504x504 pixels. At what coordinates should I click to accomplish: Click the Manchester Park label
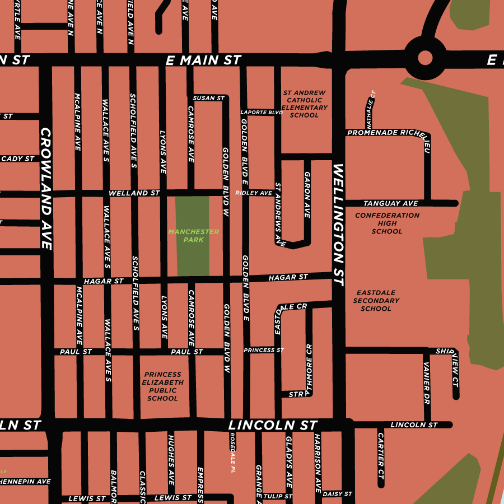pyautogui.click(x=193, y=236)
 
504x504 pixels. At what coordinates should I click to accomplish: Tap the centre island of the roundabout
pyautogui.click(x=425, y=58)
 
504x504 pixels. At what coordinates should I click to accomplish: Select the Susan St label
pyautogui.click(x=208, y=98)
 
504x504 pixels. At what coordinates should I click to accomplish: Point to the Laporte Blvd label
pyautogui.click(x=262, y=112)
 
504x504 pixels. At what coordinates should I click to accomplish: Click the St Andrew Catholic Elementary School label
pyautogui.click(x=304, y=104)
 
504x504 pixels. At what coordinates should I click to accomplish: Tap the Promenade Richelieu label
pyautogui.click(x=388, y=133)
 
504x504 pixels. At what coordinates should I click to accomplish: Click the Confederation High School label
pyautogui.click(x=387, y=223)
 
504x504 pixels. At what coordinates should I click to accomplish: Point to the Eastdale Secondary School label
pyautogui.click(x=376, y=301)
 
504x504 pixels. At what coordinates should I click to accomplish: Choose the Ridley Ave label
pyautogui.click(x=254, y=193)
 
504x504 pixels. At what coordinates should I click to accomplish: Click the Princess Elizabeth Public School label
pyautogui.click(x=162, y=386)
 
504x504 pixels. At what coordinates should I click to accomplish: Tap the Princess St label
pyautogui.click(x=264, y=350)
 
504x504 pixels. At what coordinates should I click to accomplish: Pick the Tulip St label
pyautogui.click(x=278, y=496)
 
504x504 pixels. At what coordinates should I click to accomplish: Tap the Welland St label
pyautogui.click(x=134, y=193)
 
